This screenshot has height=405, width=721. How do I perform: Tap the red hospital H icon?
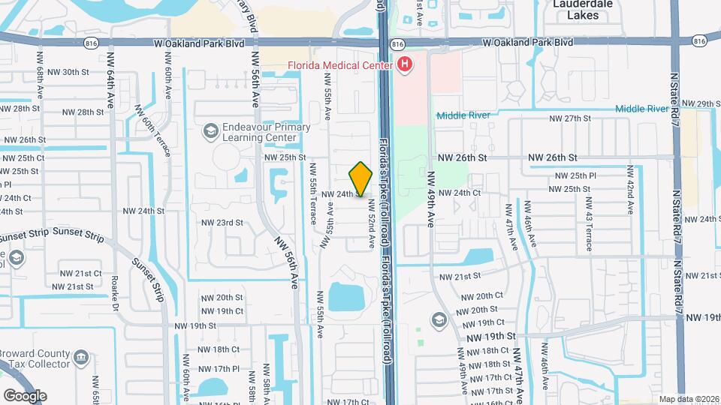pyautogui.click(x=405, y=65)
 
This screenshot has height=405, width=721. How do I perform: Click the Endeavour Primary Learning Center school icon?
pyautogui.click(x=210, y=133)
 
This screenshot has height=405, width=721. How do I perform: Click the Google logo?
pyautogui.click(x=25, y=395)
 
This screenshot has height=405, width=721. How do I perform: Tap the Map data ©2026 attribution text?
pyautogui.click(x=689, y=399)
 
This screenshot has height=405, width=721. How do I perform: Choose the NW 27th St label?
pyautogui.click(x=571, y=118)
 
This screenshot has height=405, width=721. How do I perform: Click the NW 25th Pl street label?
pyautogui.click(x=575, y=175)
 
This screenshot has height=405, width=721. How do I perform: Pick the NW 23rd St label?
pyautogui.click(x=222, y=223)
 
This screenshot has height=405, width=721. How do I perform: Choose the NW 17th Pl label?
pyautogui.click(x=215, y=369)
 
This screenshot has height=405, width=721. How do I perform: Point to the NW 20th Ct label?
pyautogui.click(x=478, y=296)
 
